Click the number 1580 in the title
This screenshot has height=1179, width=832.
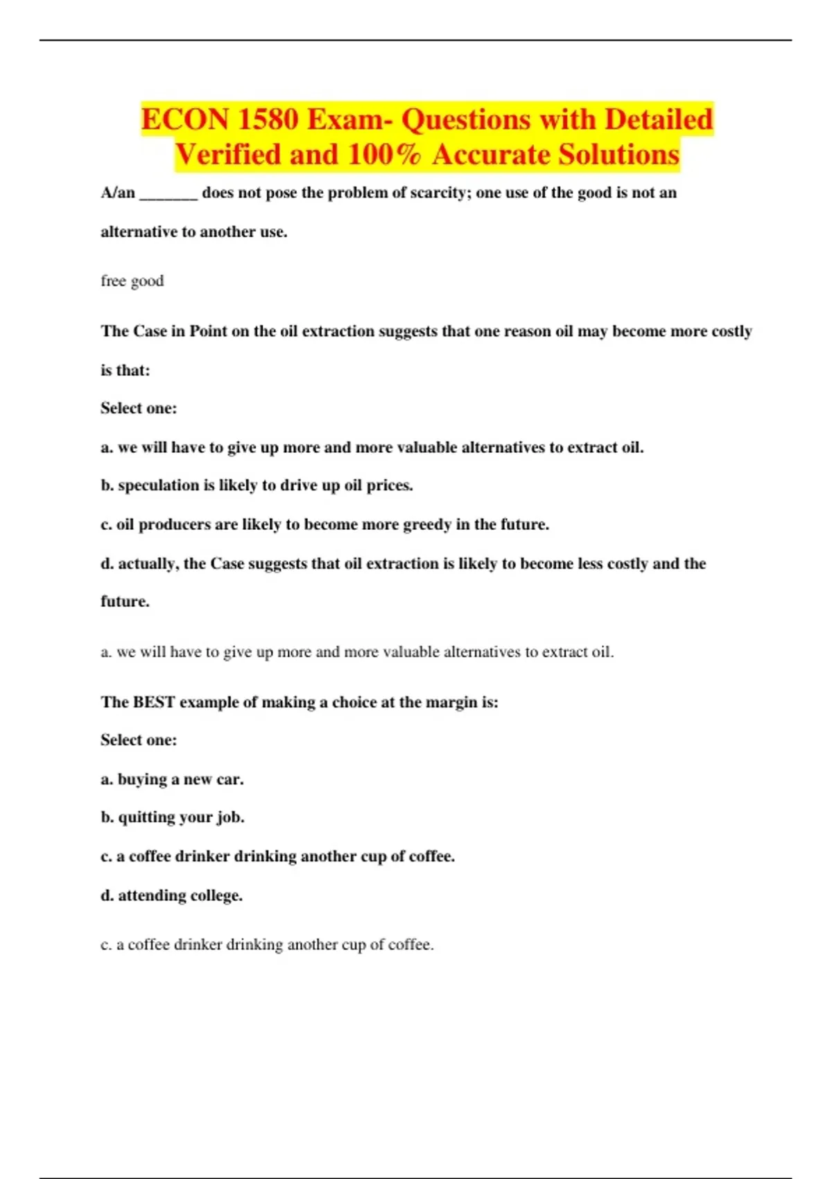[267, 119]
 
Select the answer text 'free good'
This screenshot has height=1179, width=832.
[132, 281]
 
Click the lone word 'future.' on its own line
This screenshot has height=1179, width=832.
[125, 601]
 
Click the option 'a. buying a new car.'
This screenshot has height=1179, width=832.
[172, 780]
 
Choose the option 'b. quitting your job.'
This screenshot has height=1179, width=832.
[172, 818]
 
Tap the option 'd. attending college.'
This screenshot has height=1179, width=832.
[171, 895]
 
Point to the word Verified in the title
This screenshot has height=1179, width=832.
[227, 155]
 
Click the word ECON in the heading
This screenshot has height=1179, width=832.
[185, 119]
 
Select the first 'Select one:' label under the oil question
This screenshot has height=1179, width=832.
[139, 408]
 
